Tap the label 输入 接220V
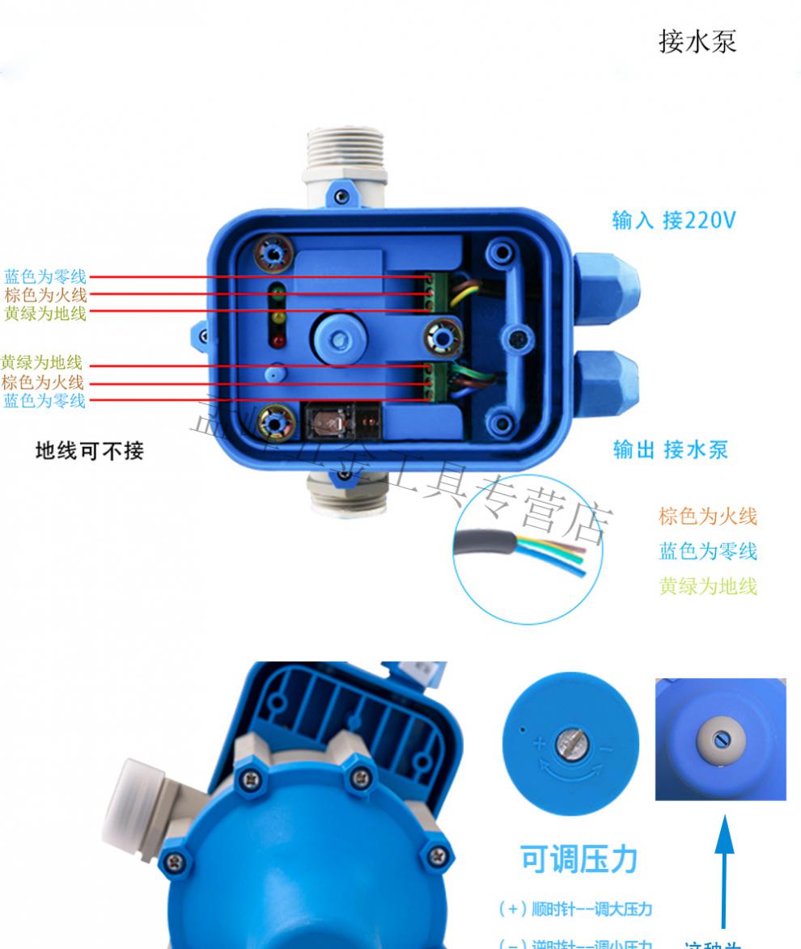(x=673, y=220)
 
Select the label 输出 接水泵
(x=671, y=449)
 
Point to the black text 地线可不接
(x=89, y=451)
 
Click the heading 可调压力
(x=579, y=860)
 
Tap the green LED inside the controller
(x=278, y=292)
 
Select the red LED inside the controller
(x=278, y=344)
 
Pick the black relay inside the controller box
(x=340, y=420)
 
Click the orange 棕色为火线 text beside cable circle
(x=708, y=517)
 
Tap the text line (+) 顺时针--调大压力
(x=574, y=909)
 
